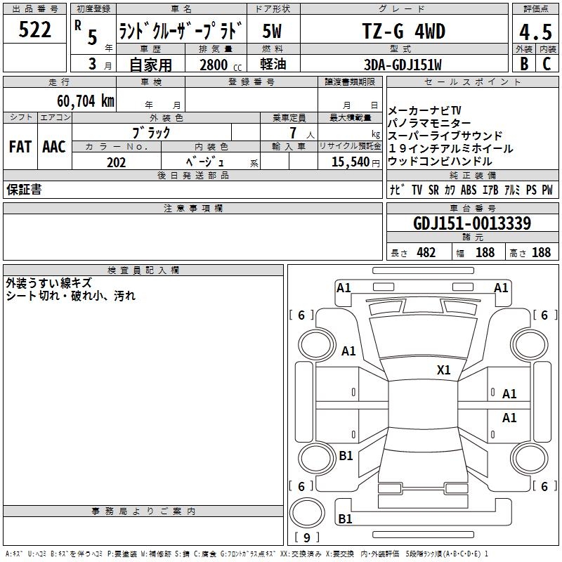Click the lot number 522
tap(34, 30)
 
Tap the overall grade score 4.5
tap(535, 32)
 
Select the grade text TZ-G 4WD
tap(404, 31)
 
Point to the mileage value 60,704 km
tap(86, 101)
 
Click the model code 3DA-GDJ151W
tap(403, 65)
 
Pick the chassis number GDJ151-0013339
tap(472, 223)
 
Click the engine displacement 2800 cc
tap(221, 65)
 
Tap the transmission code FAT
tap(20, 147)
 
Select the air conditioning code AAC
tap(54, 147)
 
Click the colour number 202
tap(116, 162)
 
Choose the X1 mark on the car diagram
tap(443, 370)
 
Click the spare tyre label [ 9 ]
tap(307, 537)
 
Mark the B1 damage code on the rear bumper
tap(345, 518)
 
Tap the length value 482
tap(426, 253)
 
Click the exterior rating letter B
tap(524, 64)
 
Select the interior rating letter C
tap(547, 64)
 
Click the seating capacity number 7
tap(293, 133)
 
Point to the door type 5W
tap(272, 31)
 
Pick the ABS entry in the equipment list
tap(469, 190)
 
